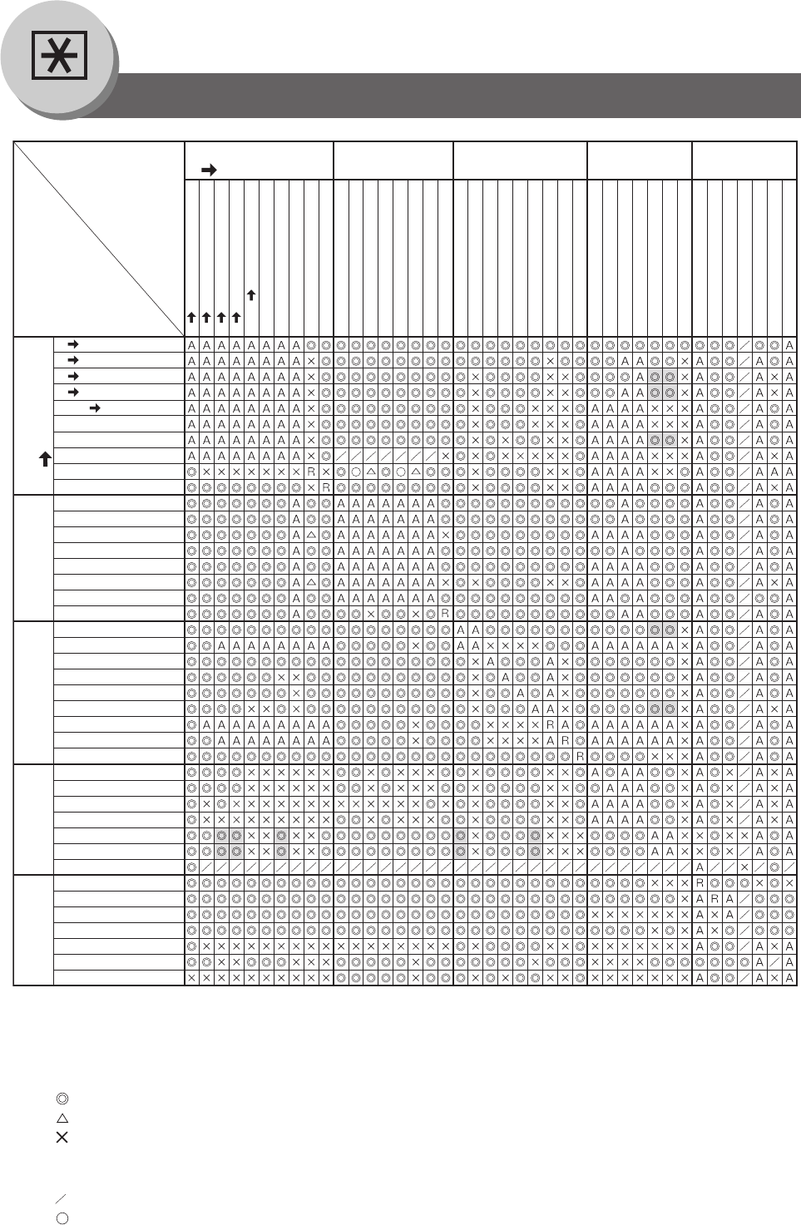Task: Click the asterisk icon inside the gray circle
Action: pos(59,55)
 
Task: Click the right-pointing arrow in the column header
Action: pos(209,170)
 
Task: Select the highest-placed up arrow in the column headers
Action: pos(251,295)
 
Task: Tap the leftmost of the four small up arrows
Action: pos(191,317)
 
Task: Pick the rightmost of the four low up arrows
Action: pos(236,317)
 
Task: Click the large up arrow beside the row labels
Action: pos(46,459)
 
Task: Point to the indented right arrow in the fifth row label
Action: pos(95,408)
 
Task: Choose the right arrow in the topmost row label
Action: pos(73,344)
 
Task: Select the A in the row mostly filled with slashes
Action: pos(700,867)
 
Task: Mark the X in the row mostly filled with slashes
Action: pos(744,867)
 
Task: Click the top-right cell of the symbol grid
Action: pos(789,345)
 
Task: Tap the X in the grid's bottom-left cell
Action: pos(191,978)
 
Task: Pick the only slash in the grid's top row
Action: pos(744,345)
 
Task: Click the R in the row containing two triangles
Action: pos(311,472)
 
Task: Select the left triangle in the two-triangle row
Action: pos(370,472)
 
